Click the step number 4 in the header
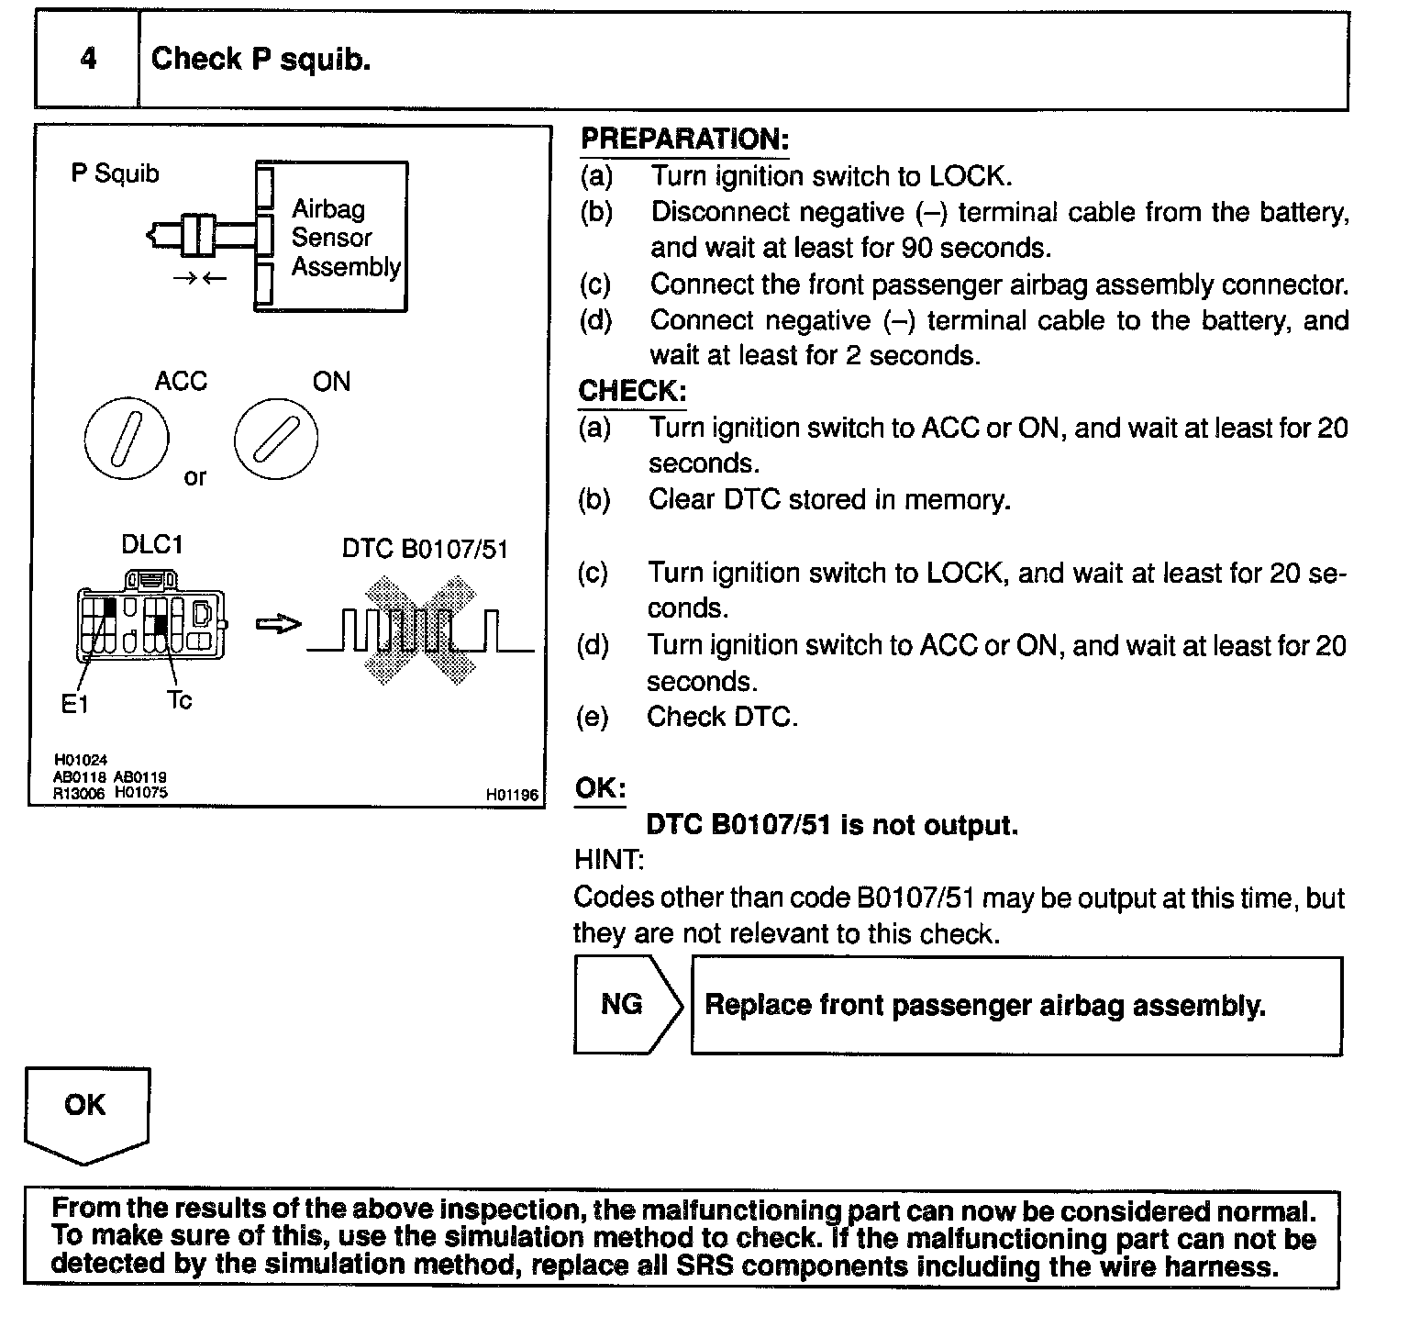pyautogui.click(x=88, y=60)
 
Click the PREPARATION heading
pyautogui.click(x=684, y=139)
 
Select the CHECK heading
pyautogui.click(x=632, y=392)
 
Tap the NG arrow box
pyautogui.click(x=624, y=1005)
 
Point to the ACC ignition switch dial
pyautogui.click(x=127, y=438)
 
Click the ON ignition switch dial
pyautogui.click(x=276, y=438)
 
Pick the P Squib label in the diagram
pyautogui.click(x=115, y=173)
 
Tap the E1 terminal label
pyautogui.click(x=74, y=704)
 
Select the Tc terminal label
pyautogui.click(x=180, y=700)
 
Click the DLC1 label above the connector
pyautogui.click(x=152, y=545)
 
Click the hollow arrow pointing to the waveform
pyautogui.click(x=278, y=625)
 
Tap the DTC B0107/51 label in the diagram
pyautogui.click(x=425, y=549)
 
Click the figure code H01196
pyautogui.click(x=513, y=796)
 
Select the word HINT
pyautogui.click(x=609, y=861)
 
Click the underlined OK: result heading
pyautogui.click(x=600, y=788)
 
